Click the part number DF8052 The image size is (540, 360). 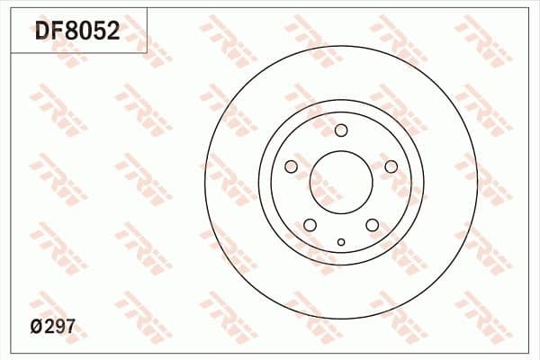[x=76, y=32]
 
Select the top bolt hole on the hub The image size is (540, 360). [x=341, y=130]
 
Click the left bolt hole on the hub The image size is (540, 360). [x=291, y=166]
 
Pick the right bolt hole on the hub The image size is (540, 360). [x=391, y=166]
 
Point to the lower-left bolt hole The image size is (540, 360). [x=310, y=225]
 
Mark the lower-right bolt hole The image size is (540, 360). [x=372, y=225]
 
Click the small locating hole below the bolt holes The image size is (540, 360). [x=341, y=241]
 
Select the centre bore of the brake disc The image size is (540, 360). [x=341, y=184]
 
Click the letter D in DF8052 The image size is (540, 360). [x=42, y=32]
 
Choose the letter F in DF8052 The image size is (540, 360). [x=57, y=32]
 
